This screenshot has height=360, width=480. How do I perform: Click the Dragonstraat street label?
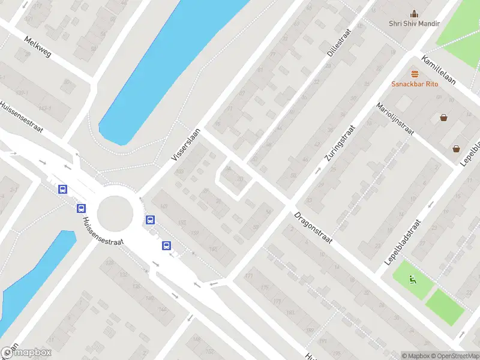coord(313,227)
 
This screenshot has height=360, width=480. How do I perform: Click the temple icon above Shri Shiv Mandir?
coord(414,13)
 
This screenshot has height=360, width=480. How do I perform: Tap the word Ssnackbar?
coord(408,84)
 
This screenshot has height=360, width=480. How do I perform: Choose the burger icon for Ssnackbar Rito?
coord(415,74)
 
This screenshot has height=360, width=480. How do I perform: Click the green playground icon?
coord(412,278)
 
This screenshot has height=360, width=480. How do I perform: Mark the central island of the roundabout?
coord(114,212)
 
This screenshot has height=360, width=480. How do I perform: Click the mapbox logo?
coord(27,353)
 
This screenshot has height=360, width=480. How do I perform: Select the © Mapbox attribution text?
coord(416,356)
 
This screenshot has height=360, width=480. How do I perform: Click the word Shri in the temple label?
coord(395,23)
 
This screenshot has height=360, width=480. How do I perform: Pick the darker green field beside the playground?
coord(445,307)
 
